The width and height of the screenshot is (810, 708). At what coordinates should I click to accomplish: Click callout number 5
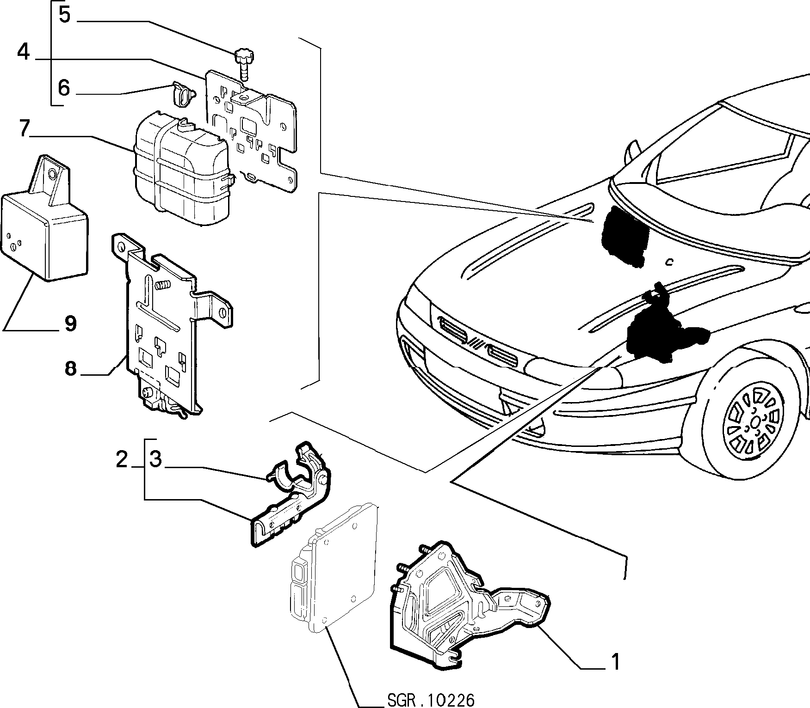(64, 15)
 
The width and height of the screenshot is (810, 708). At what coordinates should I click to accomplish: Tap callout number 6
(64, 87)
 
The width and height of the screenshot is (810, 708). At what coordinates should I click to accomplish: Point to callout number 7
(25, 128)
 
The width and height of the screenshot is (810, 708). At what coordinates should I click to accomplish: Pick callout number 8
(70, 368)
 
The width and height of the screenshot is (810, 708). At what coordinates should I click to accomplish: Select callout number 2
(122, 460)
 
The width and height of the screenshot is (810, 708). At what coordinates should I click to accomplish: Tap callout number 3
(156, 460)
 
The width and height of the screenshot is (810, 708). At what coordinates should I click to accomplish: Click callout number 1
(615, 662)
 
